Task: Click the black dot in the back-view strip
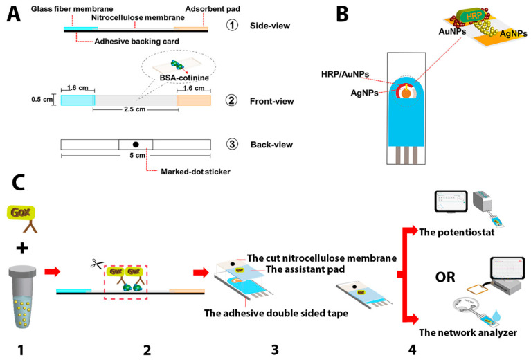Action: click(x=136, y=144)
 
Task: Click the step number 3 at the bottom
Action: click(x=275, y=348)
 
